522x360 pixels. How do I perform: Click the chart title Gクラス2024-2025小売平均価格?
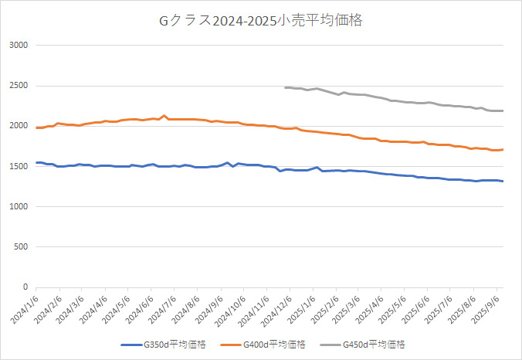(260, 21)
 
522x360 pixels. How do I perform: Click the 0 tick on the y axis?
(25, 287)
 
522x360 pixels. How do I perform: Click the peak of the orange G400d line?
(164, 116)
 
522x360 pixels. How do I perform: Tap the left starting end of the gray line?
(285, 87)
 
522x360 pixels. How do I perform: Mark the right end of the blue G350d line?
(503, 182)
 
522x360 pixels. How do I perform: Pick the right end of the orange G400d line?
(503, 150)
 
